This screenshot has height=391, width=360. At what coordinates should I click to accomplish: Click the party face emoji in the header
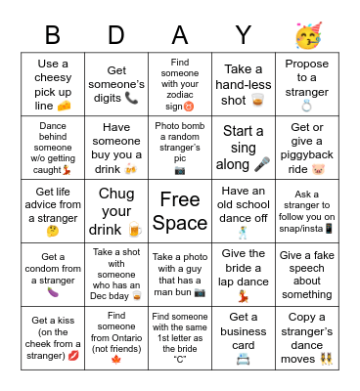click(x=307, y=37)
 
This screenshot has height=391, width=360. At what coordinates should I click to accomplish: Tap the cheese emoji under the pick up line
click(x=64, y=105)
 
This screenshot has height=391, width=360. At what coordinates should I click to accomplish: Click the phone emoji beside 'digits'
click(x=131, y=98)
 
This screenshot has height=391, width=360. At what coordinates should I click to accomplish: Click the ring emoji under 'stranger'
click(x=306, y=105)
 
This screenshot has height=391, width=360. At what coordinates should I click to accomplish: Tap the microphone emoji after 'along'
click(x=261, y=163)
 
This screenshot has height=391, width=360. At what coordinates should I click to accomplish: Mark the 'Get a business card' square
click(x=244, y=336)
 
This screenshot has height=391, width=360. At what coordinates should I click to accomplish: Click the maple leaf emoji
click(x=116, y=359)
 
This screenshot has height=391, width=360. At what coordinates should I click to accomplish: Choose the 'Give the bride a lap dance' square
click(x=244, y=273)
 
